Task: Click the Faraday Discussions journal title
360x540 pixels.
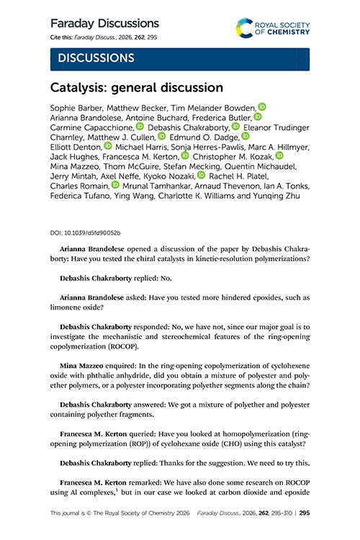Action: pos(104,24)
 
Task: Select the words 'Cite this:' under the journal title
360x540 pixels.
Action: pos(63,37)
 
